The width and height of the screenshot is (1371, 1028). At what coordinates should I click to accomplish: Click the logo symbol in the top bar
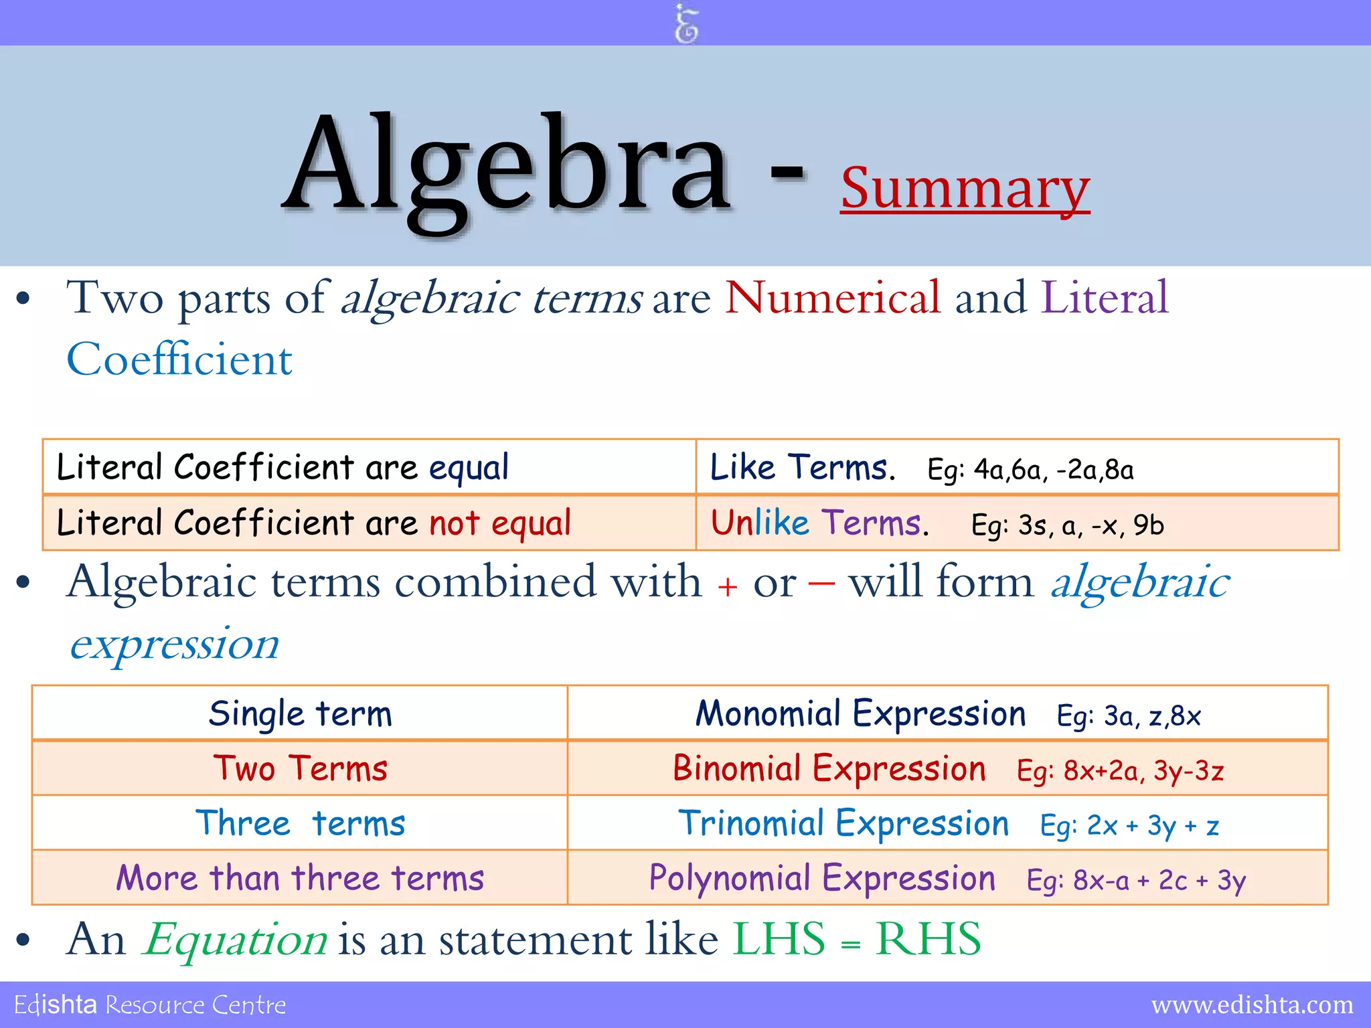point(685,23)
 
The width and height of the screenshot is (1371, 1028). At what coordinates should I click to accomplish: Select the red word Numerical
point(833,298)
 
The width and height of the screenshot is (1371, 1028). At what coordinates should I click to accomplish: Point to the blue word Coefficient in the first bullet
point(179,359)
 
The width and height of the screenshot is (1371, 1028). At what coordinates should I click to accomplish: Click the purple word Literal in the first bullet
point(1105,298)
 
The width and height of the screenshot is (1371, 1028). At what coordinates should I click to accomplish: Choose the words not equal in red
point(500,523)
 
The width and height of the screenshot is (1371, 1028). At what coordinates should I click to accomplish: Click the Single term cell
point(300,714)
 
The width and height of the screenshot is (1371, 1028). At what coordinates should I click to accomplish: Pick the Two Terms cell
point(300,769)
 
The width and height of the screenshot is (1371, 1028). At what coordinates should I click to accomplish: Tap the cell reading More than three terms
point(300,878)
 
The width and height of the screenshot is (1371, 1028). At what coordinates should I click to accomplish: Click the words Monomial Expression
point(860,714)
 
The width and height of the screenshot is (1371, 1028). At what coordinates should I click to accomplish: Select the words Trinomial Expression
point(843,824)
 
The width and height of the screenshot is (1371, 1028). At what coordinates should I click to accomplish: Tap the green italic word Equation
point(236,940)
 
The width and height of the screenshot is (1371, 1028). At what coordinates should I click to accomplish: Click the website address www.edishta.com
point(1252,1005)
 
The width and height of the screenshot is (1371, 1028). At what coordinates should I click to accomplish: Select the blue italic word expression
point(175,645)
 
